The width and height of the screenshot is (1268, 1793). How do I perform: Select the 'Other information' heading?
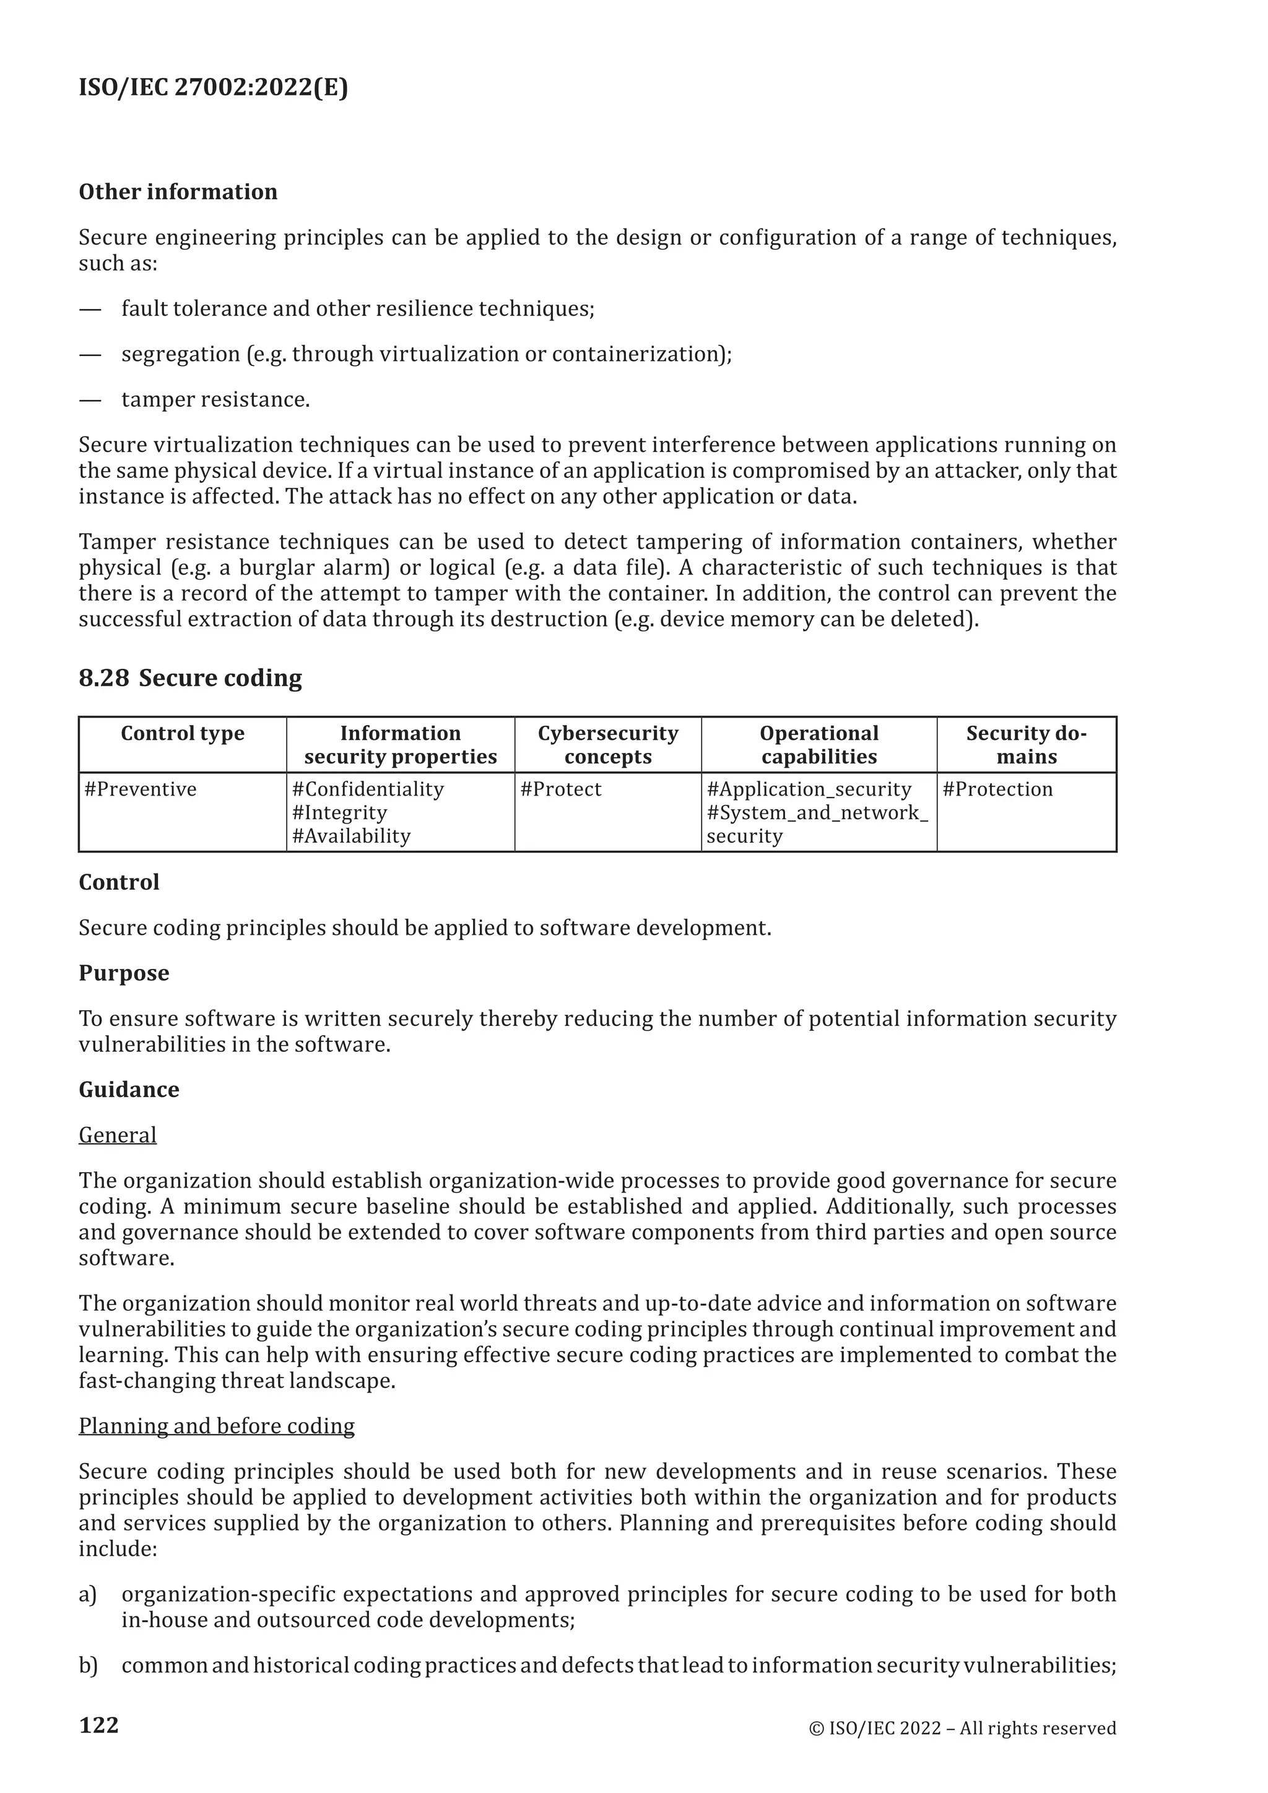178,192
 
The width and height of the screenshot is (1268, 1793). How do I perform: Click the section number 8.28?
104,678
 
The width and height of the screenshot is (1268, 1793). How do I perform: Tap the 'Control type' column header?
182,733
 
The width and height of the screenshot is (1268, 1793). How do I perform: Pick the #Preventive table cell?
141,789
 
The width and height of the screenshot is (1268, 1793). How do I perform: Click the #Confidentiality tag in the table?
368,789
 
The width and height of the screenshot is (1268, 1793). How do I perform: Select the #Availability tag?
350,836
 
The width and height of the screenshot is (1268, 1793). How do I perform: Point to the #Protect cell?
560,789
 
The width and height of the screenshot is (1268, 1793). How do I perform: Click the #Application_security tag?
809,789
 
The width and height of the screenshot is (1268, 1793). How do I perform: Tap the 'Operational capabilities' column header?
819,745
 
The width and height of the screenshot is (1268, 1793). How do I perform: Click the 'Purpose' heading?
123,973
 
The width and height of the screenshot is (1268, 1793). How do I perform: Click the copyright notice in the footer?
962,1729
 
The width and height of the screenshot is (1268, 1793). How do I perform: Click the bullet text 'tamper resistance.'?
215,400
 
